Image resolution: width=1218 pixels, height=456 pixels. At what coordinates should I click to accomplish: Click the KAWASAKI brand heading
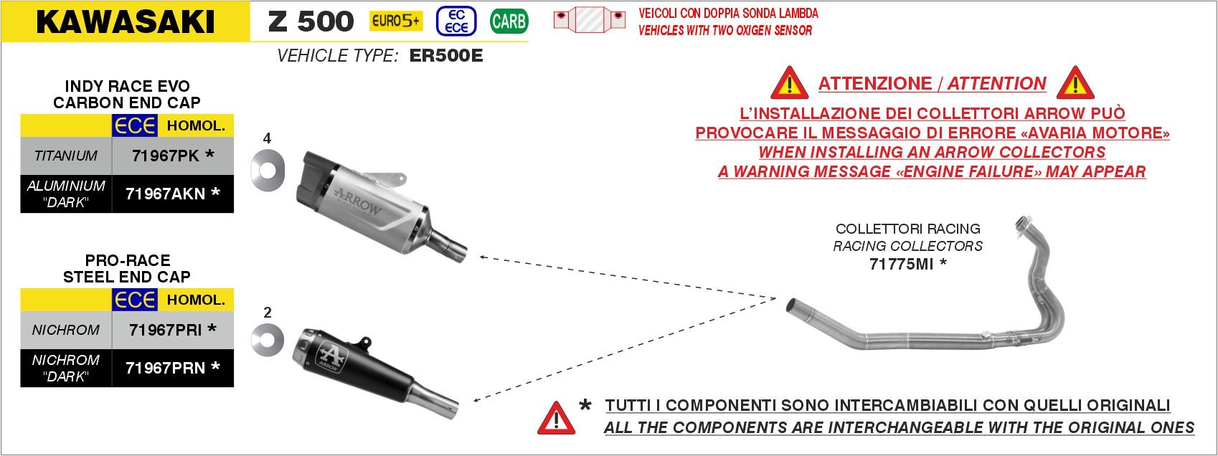126,22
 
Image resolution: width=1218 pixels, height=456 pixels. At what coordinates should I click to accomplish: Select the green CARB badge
509,22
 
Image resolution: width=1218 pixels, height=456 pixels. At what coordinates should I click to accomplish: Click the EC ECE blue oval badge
456,22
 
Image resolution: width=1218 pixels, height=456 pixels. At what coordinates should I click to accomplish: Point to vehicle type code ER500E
445,56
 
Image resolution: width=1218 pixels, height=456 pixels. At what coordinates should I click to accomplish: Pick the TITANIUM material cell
66,156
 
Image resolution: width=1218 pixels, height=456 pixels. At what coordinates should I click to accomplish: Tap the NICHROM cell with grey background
66,330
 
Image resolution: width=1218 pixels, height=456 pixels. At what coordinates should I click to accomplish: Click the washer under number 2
267,339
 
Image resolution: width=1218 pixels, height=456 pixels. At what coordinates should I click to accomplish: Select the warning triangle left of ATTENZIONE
789,85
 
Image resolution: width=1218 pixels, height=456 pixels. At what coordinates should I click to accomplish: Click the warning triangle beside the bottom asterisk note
556,419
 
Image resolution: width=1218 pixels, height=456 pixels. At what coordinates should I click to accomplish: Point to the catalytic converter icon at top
590,19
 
